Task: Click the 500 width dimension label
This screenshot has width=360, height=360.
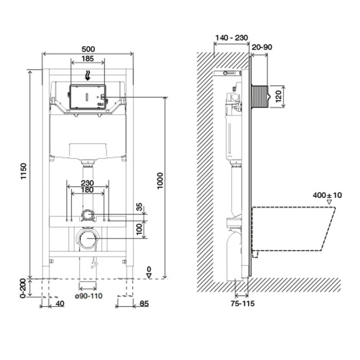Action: pos(88,49)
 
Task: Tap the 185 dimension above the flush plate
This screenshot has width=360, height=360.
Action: pos(88,59)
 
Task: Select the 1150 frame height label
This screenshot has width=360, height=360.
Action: pos(24,172)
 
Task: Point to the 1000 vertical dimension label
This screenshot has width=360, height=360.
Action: pos(160,181)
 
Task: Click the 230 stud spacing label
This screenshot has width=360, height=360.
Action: pos(88,183)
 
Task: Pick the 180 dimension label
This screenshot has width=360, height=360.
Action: pos(88,190)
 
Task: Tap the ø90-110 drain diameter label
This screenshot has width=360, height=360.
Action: pos(89,296)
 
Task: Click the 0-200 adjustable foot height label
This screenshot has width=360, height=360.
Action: pos(23,288)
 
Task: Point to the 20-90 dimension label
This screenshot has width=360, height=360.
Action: pos(262,47)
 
